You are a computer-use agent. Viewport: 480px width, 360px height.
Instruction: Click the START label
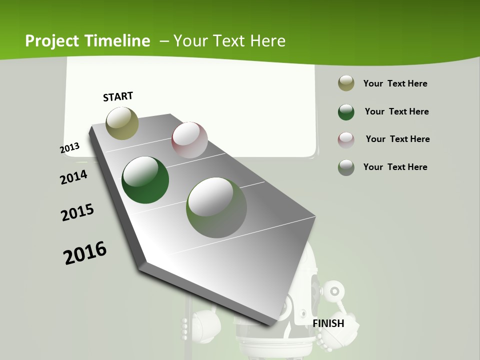click(x=118, y=96)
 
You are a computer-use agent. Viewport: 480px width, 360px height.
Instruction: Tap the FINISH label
click(x=328, y=323)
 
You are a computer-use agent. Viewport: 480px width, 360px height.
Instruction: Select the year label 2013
click(x=69, y=148)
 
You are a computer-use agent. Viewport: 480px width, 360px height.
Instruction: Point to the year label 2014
click(x=73, y=177)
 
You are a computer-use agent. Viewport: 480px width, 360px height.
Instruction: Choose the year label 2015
click(x=77, y=212)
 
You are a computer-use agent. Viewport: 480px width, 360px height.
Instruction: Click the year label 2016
click(x=85, y=253)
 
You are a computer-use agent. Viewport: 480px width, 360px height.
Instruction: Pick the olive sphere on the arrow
click(x=122, y=123)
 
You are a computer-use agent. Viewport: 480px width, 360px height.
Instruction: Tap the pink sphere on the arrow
click(x=189, y=140)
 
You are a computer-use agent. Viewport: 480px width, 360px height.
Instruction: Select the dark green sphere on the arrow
click(x=145, y=180)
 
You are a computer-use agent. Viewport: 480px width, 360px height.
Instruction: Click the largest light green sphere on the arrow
click(x=216, y=207)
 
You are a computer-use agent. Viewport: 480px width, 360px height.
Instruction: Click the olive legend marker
click(x=346, y=83)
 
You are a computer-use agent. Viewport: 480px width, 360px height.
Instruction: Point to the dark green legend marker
click(x=346, y=112)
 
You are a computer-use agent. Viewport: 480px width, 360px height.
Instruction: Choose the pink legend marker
click(x=346, y=139)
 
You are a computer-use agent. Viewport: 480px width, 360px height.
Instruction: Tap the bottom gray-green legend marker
click(x=346, y=167)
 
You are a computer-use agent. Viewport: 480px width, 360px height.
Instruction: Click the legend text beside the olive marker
click(x=395, y=83)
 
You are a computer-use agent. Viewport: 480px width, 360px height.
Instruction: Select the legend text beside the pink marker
click(x=397, y=139)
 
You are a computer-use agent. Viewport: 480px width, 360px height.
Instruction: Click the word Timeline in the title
click(x=118, y=41)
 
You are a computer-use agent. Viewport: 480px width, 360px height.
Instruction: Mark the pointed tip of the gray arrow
click(x=270, y=325)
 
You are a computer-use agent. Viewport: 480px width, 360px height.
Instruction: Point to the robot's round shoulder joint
click(x=333, y=290)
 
